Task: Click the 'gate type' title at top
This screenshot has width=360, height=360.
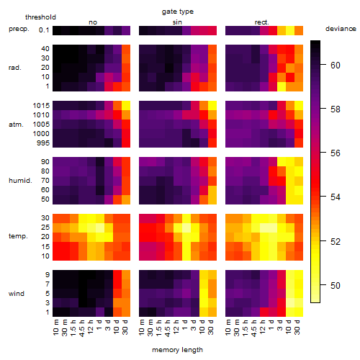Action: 178,12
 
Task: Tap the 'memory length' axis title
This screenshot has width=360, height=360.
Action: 177,350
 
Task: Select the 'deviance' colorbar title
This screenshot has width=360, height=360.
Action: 341,29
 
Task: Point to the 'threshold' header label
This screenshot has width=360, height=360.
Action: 40,17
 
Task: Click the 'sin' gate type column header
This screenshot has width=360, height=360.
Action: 177,22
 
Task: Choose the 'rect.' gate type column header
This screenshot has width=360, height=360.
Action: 262,22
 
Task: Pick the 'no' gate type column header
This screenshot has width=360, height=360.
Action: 93,22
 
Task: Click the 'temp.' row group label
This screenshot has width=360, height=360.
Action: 18,236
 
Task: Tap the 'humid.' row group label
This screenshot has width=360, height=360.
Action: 20,181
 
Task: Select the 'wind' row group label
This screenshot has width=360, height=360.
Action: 17,294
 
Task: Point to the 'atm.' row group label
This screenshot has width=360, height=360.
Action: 16,125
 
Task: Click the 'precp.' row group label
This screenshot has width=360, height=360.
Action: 19,29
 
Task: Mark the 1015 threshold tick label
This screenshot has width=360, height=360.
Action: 41,106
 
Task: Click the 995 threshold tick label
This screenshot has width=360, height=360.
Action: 43,143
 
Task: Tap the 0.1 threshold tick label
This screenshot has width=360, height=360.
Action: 44,30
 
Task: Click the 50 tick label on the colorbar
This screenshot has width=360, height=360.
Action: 336,285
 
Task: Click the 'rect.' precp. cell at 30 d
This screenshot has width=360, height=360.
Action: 299,30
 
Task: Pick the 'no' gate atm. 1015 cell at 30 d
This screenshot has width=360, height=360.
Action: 126,106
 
